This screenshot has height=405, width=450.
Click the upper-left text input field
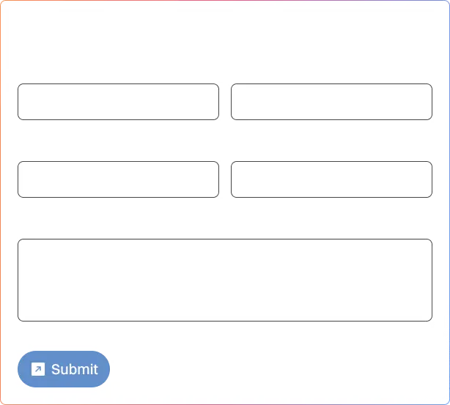[118, 102]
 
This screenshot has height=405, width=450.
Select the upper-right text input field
[331, 102]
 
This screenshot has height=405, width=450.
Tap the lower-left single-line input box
[118, 179]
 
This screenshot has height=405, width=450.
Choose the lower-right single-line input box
[331, 179]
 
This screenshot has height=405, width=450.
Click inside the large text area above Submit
[225, 280]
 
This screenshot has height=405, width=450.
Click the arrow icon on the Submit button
[38, 369]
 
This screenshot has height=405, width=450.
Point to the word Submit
[75, 369]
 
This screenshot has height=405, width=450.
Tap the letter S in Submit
[56, 369]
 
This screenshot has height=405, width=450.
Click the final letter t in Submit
[96, 369]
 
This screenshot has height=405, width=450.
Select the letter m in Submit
[84, 371]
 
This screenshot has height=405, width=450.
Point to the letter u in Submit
[64, 371]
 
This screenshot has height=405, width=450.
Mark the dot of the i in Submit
[92, 364]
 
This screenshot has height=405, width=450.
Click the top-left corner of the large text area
[18, 239]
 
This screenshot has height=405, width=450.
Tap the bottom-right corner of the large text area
[432, 322]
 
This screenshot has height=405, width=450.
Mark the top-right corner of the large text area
[432, 239]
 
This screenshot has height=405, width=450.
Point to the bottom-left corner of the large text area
[18, 322]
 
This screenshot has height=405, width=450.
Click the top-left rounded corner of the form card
[1, 1]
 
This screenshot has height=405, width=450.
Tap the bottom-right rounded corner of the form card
[449, 404]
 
